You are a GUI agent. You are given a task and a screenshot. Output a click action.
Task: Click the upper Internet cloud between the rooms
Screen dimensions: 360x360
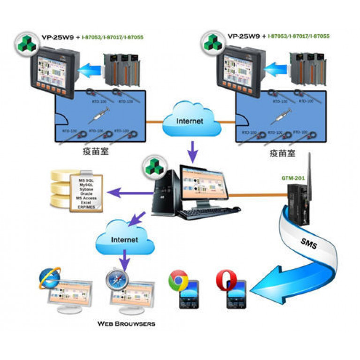[x=190, y=121]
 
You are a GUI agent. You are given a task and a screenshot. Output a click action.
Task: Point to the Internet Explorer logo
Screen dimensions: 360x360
[x=49, y=278]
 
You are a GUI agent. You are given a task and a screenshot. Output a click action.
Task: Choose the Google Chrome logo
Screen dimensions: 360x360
[x=178, y=280]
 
